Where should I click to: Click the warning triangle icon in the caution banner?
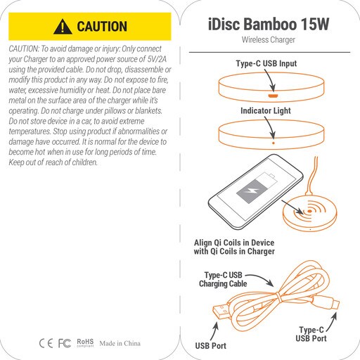(x=63, y=27)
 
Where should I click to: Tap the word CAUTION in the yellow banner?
(x=102, y=26)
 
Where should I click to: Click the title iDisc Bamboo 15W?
(x=269, y=24)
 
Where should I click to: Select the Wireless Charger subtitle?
(x=269, y=39)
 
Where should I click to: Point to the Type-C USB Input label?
(x=266, y=63)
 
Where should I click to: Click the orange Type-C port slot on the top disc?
(x=273, y=96)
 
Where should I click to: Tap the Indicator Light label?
(x=266, y=110)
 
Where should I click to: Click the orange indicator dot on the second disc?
(x=274, y=143)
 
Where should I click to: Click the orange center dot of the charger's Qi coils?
(x=309, y=211)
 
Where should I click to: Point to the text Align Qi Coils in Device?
(x=234, y=243)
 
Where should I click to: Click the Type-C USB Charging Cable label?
(x=223, y=279)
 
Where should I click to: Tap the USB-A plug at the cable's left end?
(x=221, y=311)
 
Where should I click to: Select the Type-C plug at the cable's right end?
(x=332, y=304)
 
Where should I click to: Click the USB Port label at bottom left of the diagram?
(x=210, y=346)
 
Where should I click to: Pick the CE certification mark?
(x=46, y=343)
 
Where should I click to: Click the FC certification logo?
(x=65, y=343)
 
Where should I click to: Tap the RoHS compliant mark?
(x=85, y=342)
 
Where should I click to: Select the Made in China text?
(x=120, y=343)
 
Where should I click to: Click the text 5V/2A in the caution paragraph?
(x=157, y=59)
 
